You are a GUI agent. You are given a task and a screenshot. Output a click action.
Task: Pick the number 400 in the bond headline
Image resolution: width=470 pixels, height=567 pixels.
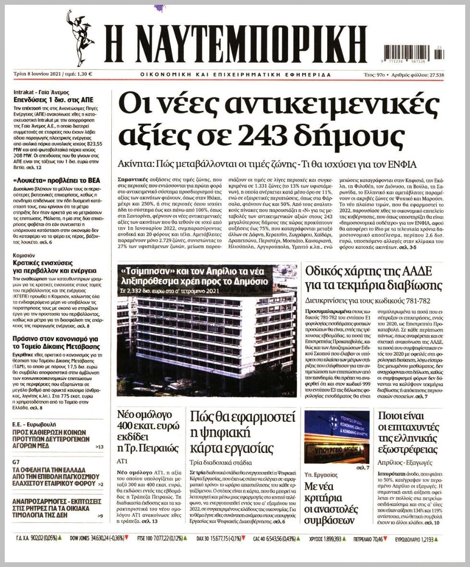127,426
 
